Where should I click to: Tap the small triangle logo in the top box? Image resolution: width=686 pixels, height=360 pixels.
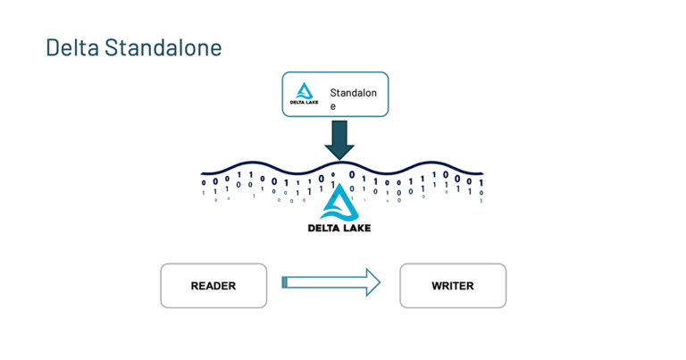tap(305, 91)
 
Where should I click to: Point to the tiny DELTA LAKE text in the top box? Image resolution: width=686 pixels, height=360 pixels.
tap(305, 104)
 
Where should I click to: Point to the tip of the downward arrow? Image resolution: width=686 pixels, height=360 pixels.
tap(339, 158)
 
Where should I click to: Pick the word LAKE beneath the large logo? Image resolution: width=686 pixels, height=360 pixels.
tap(355, 228)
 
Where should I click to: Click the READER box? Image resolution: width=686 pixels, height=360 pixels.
tap(213, 286)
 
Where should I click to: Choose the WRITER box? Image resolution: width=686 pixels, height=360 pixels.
tap(452, 286)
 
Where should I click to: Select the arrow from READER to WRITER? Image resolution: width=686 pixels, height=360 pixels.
tap(330, 283)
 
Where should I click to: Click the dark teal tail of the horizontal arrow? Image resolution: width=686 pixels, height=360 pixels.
tap(284, 283)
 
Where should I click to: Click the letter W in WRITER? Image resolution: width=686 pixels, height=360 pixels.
tap(437, 286)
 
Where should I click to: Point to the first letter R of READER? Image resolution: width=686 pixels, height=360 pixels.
tap(195, 286)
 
